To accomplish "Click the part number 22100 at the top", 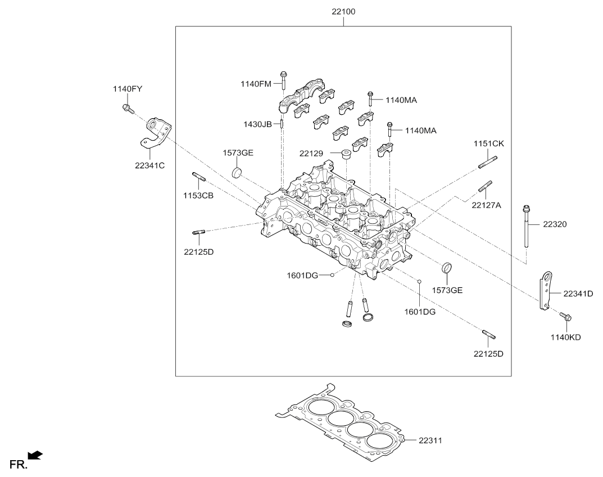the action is point(343,12).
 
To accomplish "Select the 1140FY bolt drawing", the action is point(128,109).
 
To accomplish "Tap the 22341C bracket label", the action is point(149,165).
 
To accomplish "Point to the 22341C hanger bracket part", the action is point(155,133).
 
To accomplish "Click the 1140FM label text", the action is point(256,84).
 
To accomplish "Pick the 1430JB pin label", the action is point(257,124).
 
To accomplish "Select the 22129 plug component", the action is point(347,154).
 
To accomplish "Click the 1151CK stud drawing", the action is point(488,161).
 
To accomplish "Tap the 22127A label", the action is point(487,205).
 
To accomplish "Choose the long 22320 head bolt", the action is point(526,226).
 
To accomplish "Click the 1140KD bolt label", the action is point(565,337).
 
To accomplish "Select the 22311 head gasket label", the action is point(430,440).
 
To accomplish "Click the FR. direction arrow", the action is point(35,455).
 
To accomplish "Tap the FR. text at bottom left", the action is point(19,465).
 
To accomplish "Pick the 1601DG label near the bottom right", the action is point(420,312).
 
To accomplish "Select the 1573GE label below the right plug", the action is point(447,290).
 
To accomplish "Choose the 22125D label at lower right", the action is point(488,353).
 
